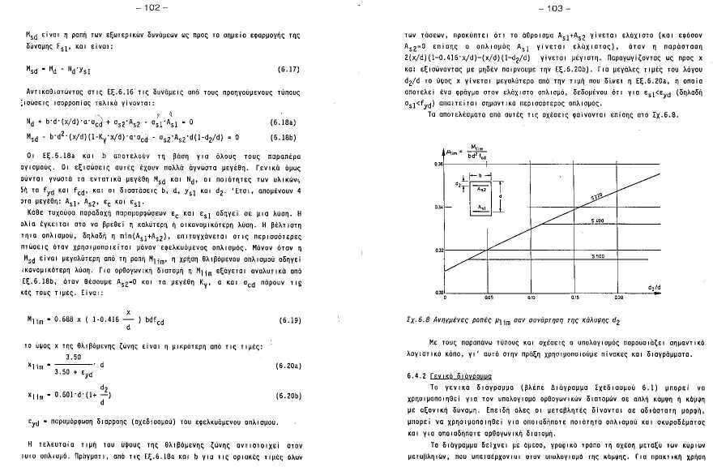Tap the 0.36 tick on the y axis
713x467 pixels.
click(x=439, y=165)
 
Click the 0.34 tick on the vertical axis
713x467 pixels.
click(x=439, y=207)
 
